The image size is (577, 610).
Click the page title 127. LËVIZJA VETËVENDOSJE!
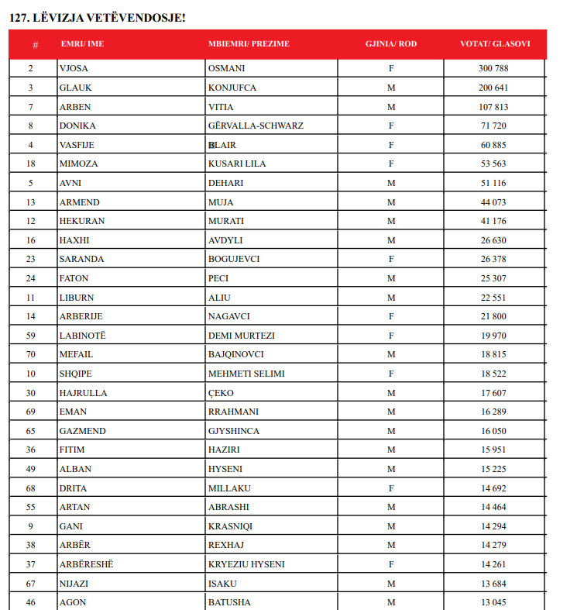(x=98, y=16)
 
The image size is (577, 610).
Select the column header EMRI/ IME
(x=81, y=44)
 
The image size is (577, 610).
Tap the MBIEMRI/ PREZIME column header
(x=249, y=44)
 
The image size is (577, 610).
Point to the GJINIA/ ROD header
(x=391, y=44)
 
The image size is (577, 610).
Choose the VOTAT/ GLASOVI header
(x=495, y=44)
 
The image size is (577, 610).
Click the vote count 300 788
(x=493, y=68)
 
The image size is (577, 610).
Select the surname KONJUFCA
(x=232, y=88)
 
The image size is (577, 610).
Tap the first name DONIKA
(x=77, y=126)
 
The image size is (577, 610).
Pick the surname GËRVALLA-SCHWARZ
(x=256, y=126)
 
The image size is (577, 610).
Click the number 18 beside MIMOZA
(x=31, y=164)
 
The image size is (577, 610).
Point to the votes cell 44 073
(x=493, y=202)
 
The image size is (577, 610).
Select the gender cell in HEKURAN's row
(x=391, y=221)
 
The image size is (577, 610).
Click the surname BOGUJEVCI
(x=234, y=259)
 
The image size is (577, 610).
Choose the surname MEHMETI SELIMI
(x=246, y=374)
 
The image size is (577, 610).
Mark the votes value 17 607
(x=493, y=393)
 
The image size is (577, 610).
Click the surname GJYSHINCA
(x=234, y=431)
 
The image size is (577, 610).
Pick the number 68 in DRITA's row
(x=31, y=488)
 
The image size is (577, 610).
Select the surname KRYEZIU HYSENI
(x=245, y=564)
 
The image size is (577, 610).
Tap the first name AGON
(x=72, y=602)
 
